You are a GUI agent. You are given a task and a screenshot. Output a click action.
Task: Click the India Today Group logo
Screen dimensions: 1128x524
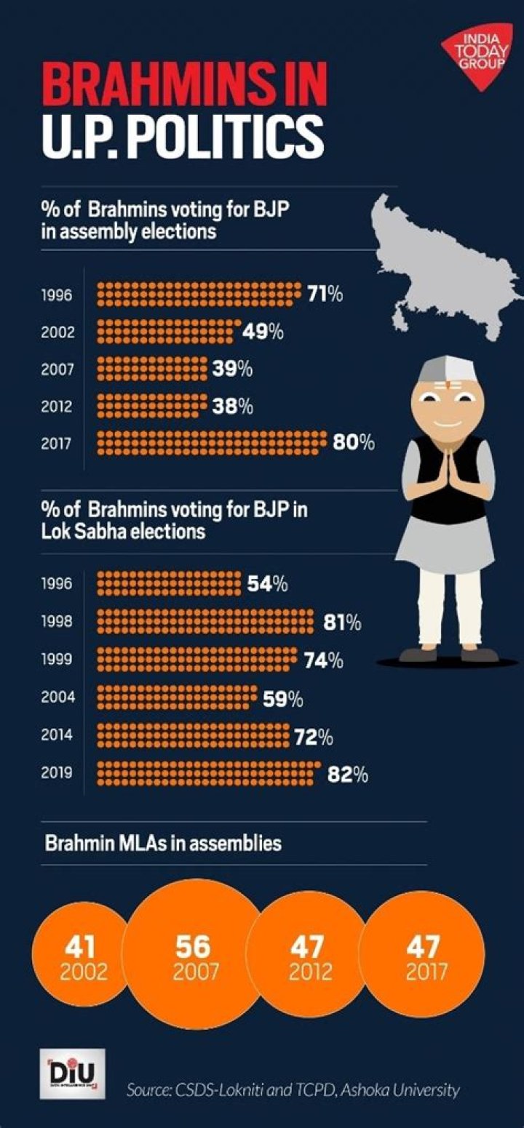click(477, 57)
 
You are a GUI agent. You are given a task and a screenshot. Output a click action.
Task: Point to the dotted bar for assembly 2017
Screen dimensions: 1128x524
click(212, 441)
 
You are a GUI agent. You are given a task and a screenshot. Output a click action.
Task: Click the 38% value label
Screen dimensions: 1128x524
click(233, 407)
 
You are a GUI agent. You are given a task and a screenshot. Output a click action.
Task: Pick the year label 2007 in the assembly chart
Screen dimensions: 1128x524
click(57, 370)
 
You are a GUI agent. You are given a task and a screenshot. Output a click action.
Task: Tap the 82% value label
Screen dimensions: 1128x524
click(347, 775)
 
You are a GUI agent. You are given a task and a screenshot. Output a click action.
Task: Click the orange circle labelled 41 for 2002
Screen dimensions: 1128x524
click(80, 956)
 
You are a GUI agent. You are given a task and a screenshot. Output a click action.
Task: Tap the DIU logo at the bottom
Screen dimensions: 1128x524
click(76, 1075)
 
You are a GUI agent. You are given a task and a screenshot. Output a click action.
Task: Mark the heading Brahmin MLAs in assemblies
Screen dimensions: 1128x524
click(163, 844)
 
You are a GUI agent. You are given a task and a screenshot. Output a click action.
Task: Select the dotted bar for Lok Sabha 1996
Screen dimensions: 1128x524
click(168, 584)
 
